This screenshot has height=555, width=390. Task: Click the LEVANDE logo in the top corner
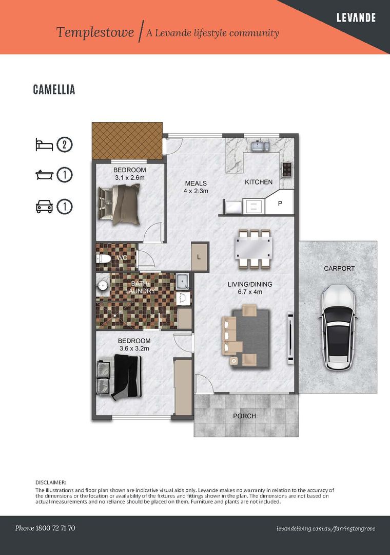(356, 17)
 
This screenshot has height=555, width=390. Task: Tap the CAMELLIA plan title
(54, 89)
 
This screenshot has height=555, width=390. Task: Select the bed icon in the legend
(44, 145)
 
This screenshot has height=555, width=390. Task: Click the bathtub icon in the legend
(45, 175)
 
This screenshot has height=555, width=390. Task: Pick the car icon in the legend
(44, 207)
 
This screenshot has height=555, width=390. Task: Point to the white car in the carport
(337, 327)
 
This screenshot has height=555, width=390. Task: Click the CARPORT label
(339, 269)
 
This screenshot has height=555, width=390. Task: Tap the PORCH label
(244, 416)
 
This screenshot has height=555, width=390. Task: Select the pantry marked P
(280, 202)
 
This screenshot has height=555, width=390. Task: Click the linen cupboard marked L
(199, 256)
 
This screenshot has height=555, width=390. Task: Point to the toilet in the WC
(104, 258)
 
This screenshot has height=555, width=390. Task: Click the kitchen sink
(261, 145)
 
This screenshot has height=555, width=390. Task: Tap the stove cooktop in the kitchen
(287, 169)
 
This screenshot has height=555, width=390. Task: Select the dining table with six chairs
(254, 249)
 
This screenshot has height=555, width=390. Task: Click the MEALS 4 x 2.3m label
(196, 187)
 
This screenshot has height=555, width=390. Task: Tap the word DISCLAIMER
(51, 483)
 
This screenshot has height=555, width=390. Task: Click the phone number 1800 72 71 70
(55, 528)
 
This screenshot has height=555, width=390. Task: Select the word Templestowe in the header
(95, 32)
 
